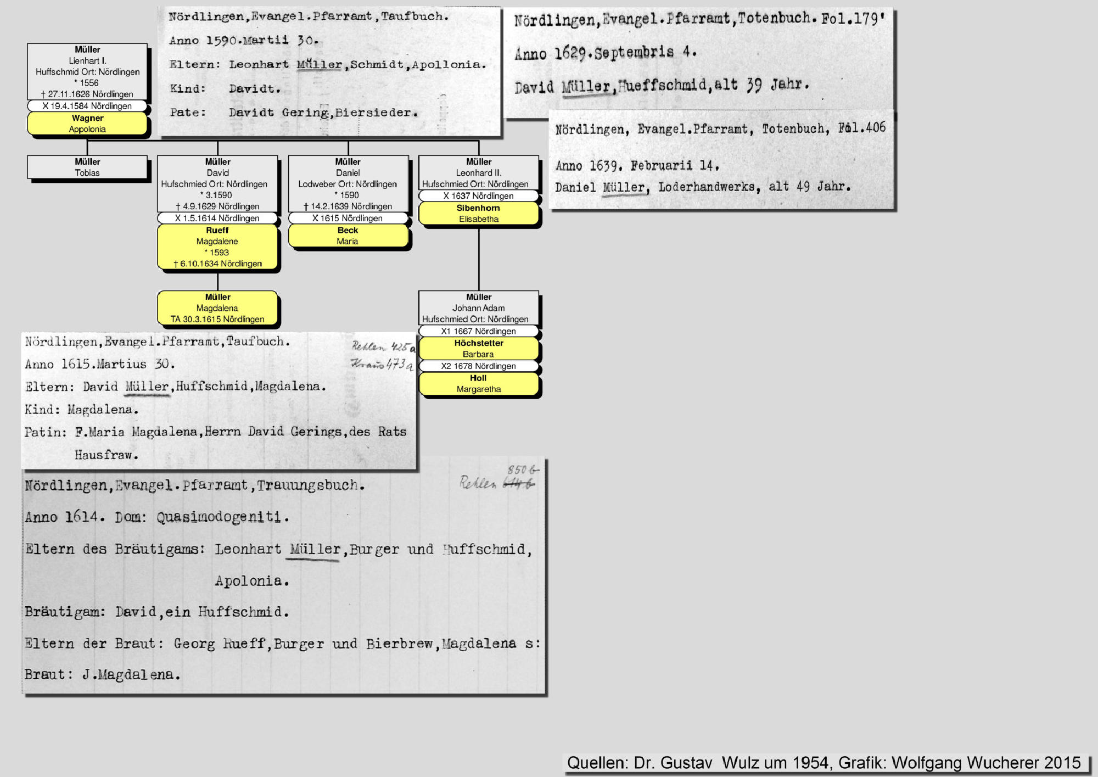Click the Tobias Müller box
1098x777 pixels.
(87, 167)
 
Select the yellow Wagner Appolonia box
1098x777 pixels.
(87, 124)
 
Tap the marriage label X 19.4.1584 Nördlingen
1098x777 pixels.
(87, 106)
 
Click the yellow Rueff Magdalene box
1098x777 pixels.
(217, 247)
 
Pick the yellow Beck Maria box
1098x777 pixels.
(348, 236)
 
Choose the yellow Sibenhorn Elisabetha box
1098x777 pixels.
(478, 214)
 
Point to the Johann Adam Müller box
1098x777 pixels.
(478, 308)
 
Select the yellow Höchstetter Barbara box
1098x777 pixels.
(478, 349)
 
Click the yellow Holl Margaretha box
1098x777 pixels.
(478, 384)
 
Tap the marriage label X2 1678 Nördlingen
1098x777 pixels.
(478, 366)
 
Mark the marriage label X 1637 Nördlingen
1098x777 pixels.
(478, 196)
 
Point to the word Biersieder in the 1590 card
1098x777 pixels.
(376, 113)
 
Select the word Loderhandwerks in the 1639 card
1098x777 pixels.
(709, 187)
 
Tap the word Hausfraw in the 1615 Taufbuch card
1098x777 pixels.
(106, 455)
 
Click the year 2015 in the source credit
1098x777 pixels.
(1062, 763)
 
